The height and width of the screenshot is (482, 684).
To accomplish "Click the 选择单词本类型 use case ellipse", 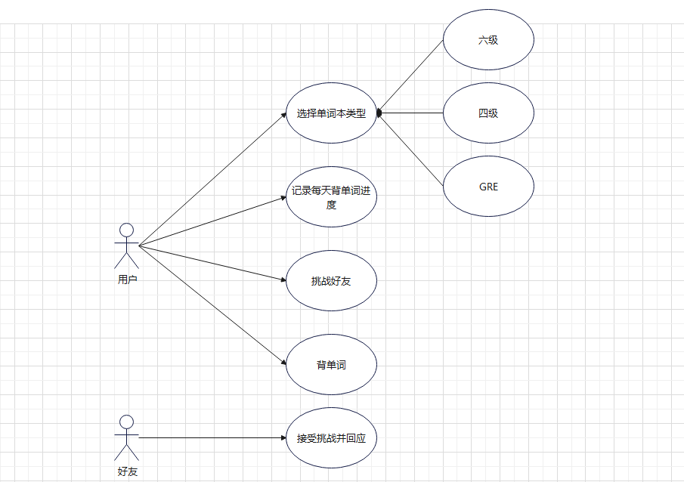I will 331,113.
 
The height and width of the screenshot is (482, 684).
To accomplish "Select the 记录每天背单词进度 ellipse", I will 331,197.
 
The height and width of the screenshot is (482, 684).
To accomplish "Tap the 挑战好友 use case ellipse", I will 331,281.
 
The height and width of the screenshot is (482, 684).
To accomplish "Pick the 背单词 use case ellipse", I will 331,365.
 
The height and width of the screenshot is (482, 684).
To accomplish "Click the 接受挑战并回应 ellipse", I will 331,438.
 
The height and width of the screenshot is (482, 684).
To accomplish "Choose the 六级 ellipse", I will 488,40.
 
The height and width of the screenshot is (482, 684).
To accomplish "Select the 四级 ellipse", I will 488,113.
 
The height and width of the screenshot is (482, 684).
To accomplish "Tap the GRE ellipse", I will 488,187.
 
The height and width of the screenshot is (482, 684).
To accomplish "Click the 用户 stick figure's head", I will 127,230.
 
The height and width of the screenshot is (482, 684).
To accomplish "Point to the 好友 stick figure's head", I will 127,422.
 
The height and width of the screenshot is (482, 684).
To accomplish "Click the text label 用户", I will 127,280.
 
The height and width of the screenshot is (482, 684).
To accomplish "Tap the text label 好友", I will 127,471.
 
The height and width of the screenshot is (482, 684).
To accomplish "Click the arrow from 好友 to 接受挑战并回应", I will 212,438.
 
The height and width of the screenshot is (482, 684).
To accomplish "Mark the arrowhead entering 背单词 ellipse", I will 282,361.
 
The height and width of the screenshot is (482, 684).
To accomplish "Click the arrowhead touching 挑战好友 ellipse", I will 282,280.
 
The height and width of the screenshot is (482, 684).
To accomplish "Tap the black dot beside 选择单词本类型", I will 379,113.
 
